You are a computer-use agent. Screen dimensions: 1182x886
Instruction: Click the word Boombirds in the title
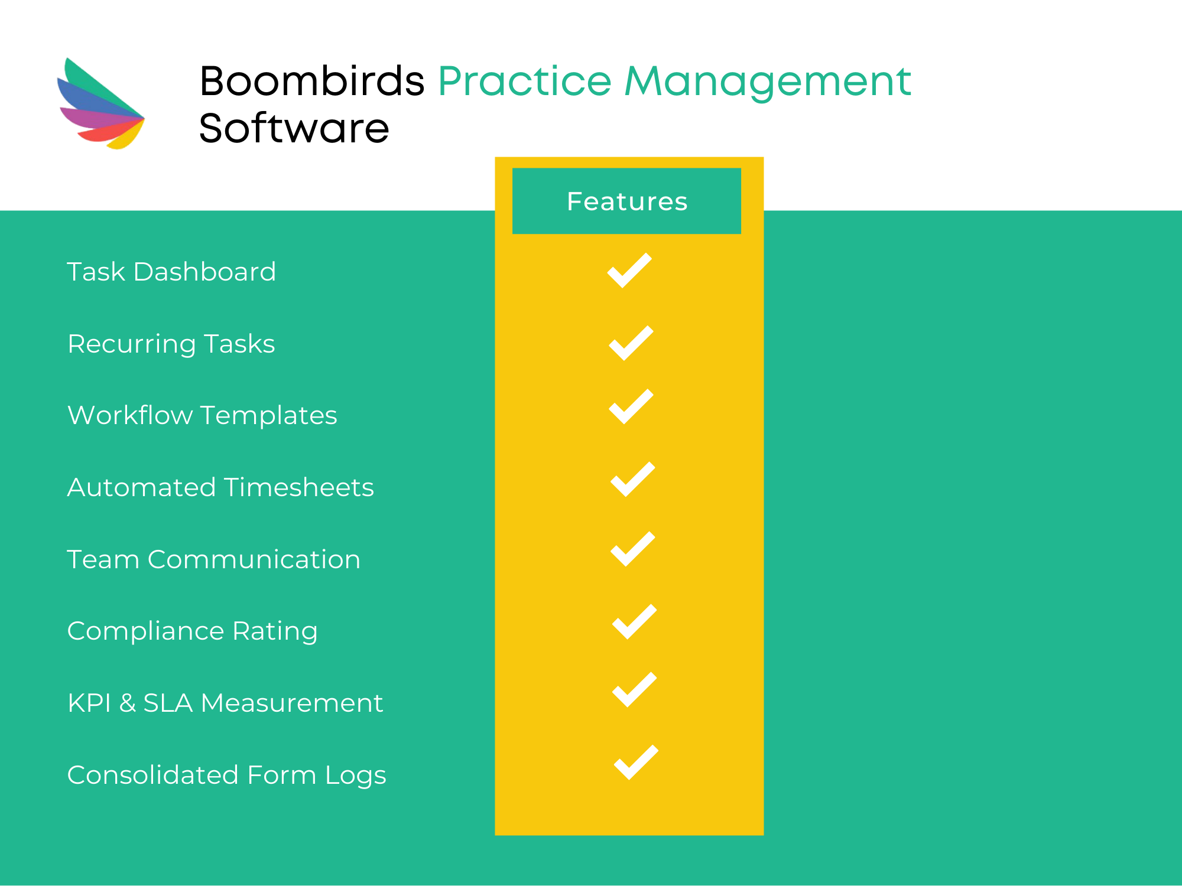[312, 81]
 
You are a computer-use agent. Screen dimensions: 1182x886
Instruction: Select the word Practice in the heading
[525, 81]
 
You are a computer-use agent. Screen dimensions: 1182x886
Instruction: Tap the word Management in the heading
[768, 83]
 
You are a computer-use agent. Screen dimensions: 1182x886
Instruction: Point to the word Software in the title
[294, 128]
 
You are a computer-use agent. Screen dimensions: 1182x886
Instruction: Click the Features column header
[626, 201]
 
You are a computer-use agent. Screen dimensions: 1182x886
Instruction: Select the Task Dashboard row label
[171, 272]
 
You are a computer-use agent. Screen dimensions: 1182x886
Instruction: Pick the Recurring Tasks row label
[171, 344]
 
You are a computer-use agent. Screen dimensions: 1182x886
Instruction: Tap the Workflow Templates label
[203, 415]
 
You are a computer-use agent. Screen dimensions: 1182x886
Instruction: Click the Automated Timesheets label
[221, 487]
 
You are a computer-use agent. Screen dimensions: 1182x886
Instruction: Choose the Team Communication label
[214, 559]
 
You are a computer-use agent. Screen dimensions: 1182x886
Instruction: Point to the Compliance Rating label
[193, 631]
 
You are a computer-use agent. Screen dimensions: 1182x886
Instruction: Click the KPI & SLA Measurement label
[226, 703]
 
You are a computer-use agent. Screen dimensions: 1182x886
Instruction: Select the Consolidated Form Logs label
[227, 776]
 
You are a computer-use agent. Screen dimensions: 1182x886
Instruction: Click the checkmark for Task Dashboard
[629, 271]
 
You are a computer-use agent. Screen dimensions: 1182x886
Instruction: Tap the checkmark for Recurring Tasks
[631, 343]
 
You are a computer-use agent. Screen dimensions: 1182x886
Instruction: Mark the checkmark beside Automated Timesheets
[633, 479]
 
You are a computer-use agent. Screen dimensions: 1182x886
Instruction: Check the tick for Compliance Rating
[635, 621]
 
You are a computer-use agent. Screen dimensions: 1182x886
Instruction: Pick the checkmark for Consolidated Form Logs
[637, 762]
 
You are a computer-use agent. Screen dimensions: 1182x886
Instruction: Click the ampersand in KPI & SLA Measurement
[128, 703]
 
